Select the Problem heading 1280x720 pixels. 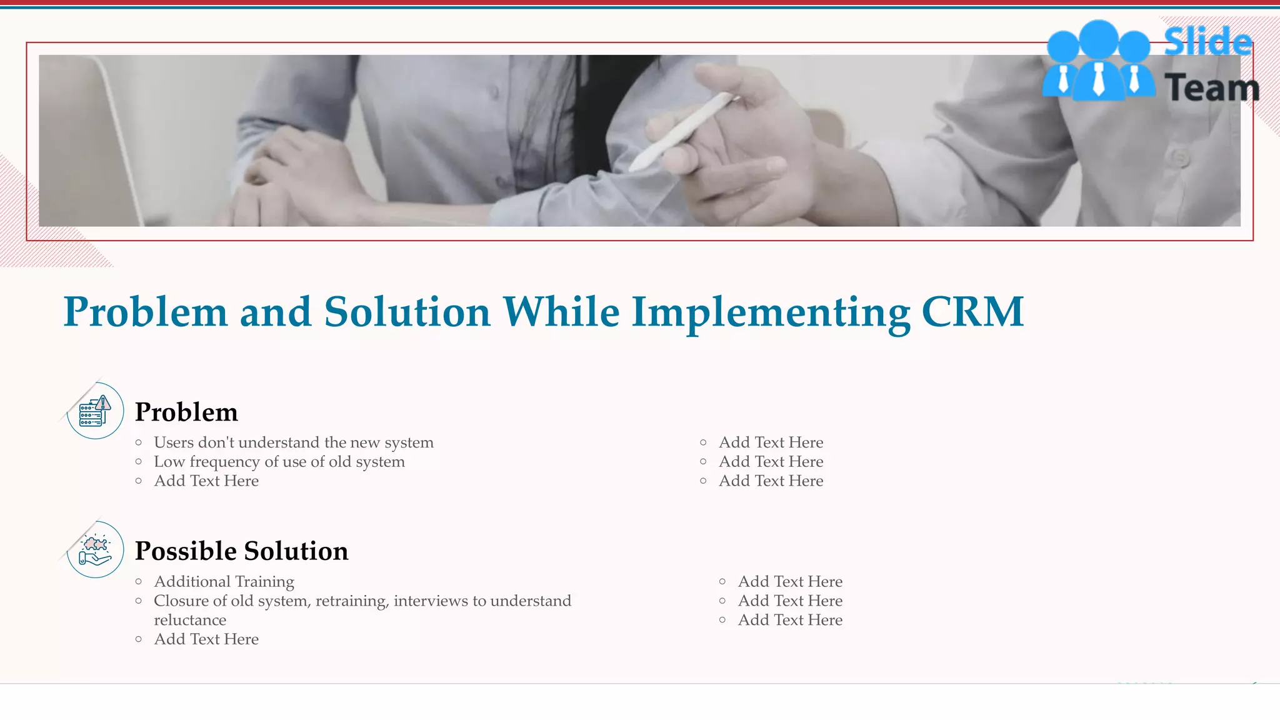186,412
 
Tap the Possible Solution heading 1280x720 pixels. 241,551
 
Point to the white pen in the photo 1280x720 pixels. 681,131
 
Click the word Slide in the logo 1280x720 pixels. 1207,42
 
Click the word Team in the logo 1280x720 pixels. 1211,87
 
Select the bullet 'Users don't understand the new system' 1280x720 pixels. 293,442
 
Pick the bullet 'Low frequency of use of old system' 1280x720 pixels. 279,462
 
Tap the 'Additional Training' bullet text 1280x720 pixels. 224,582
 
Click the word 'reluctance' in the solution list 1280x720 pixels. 190,620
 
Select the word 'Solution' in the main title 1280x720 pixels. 407,312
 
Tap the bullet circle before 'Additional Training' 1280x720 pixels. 139,582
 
